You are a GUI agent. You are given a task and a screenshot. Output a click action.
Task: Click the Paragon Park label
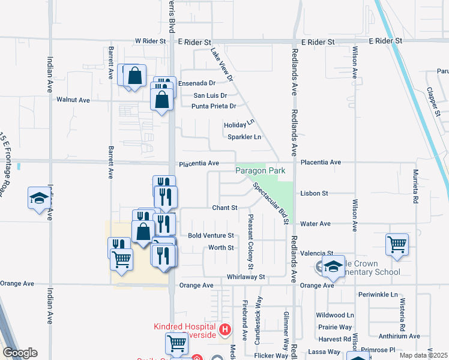(x=260, y=171)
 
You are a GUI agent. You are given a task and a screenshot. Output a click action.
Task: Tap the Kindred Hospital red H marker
(x=225, y=329)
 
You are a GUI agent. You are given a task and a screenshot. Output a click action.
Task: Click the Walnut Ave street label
(x=73, y=100)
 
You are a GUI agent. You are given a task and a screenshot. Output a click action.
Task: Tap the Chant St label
(x=225, y=208)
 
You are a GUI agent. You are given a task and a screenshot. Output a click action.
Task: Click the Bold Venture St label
(x=211, y=236)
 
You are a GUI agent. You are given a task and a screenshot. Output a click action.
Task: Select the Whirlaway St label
(x=246, y=277)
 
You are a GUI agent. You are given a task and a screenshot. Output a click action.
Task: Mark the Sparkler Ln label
(x=244, y=137)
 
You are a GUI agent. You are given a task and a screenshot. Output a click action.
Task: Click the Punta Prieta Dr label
(x=213, y=106)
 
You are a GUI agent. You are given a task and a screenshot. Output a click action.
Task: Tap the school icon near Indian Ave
(x=39, y=198)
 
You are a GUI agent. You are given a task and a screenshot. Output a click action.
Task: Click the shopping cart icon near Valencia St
(x=397, y=244)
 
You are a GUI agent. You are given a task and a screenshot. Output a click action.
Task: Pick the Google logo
(x=20, y=353)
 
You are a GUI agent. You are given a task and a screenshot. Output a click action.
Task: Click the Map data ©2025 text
(x=423, y=355)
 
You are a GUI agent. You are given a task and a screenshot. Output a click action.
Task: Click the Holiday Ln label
(x=240, y=125)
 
